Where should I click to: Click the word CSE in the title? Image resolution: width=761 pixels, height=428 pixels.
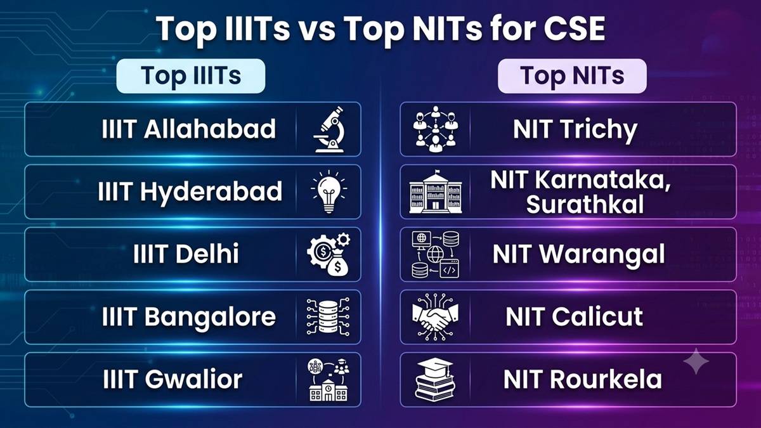point(574,29)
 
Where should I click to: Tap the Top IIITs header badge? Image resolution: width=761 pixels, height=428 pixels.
point(191,76)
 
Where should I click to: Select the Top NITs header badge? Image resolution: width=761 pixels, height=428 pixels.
point(572,76)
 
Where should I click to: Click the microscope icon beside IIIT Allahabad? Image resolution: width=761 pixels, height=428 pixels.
point(329,129)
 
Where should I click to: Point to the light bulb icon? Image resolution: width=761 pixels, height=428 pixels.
point(328,191)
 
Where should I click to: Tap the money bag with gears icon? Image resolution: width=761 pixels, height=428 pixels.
point(329,254)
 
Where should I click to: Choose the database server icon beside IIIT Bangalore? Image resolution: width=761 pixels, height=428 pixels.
point(328,316)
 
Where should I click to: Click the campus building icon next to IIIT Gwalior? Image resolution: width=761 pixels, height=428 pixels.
point(328,380)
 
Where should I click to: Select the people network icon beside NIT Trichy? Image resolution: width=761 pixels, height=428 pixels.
point(436,129)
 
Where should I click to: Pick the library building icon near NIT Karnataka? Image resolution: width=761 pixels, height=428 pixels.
point(436,191)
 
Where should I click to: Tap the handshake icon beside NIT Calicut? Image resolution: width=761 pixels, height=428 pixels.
point(435,316)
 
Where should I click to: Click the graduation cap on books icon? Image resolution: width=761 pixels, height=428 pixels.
point(435,379)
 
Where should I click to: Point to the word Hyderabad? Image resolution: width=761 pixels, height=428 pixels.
point(211,192)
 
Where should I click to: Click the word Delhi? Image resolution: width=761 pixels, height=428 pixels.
point(207,254)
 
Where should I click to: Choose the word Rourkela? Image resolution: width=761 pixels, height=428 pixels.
point(606,379)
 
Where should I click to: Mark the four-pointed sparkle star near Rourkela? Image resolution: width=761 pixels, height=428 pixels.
point(696,361)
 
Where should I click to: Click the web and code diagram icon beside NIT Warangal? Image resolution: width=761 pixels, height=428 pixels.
point(435,254)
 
